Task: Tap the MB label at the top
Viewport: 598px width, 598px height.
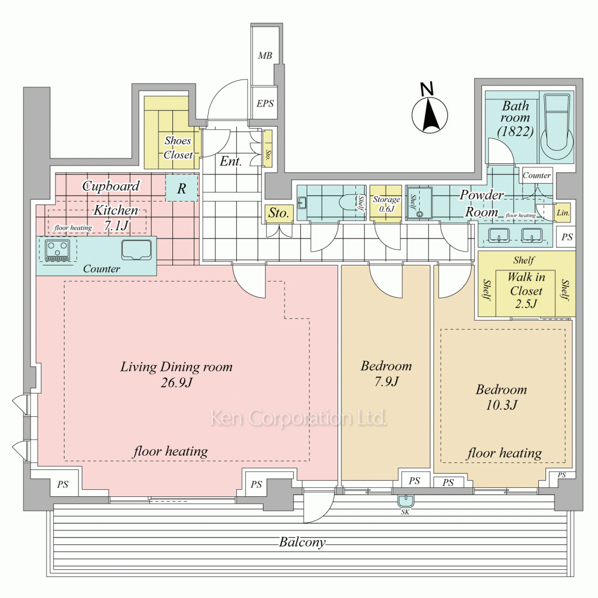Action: [x=265, y=56]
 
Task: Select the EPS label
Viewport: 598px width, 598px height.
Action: [x=265, y=103]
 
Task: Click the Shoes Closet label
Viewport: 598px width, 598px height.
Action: [x=178, y=148]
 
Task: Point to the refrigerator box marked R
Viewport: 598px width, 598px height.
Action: [x=181, y=190]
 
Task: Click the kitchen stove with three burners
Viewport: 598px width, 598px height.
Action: [x=57, y=250]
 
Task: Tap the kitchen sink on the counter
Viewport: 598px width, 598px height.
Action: [x=136, y=249]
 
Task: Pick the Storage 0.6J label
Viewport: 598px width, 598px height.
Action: [x=386, y=204]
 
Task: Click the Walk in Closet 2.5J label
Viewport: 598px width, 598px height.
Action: [x=526, y=291]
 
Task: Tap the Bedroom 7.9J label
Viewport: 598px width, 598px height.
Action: [x=386, y=373]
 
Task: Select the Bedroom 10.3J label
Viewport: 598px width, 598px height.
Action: [x=501, y=397]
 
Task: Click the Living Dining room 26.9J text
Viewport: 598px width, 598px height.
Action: [x=176, y=374]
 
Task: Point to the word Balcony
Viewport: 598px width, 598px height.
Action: [x=303, y=542]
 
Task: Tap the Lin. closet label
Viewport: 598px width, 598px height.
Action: [x=563, y=212]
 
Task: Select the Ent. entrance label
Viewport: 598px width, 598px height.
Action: [x=231, y=161]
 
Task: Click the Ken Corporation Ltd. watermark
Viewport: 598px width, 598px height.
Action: [x=297, y=418]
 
